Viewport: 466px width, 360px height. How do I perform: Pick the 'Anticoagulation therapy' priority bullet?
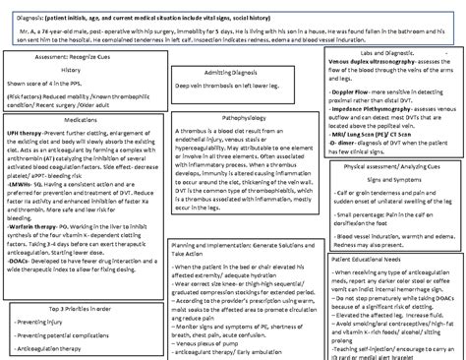coord(55,347)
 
